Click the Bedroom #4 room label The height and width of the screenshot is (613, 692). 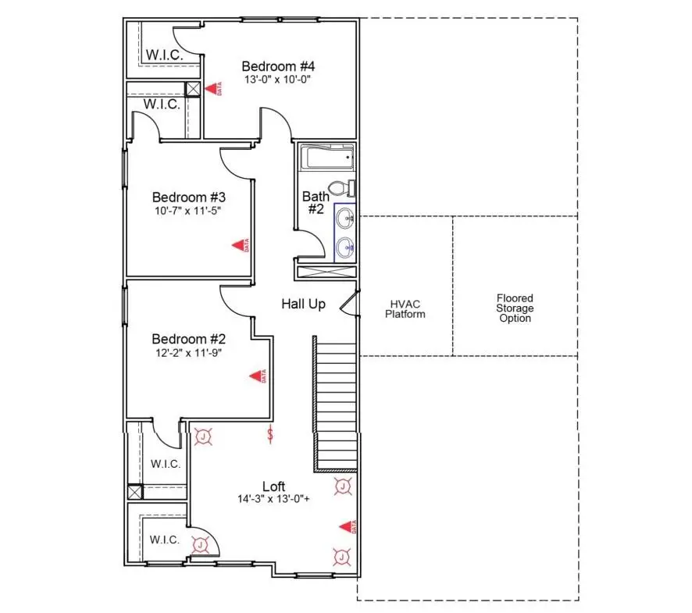pos(277,66)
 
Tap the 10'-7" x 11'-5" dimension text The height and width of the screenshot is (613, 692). pos(187,210)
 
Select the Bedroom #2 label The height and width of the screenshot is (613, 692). pos(188,339)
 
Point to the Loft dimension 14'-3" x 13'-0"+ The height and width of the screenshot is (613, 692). pos(273,499)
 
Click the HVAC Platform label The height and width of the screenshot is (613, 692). pos(407,308)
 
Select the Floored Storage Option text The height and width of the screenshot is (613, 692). pos(515,308)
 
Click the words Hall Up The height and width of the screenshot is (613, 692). pos(303,304)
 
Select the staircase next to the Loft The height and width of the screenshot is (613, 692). pos(336,404)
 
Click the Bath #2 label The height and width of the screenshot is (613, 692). pos(313,202)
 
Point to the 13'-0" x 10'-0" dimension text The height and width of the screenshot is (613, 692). pos(277,80)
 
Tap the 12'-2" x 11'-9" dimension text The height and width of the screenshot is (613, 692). pos(187,352)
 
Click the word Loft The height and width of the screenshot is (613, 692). pos(273,486)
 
